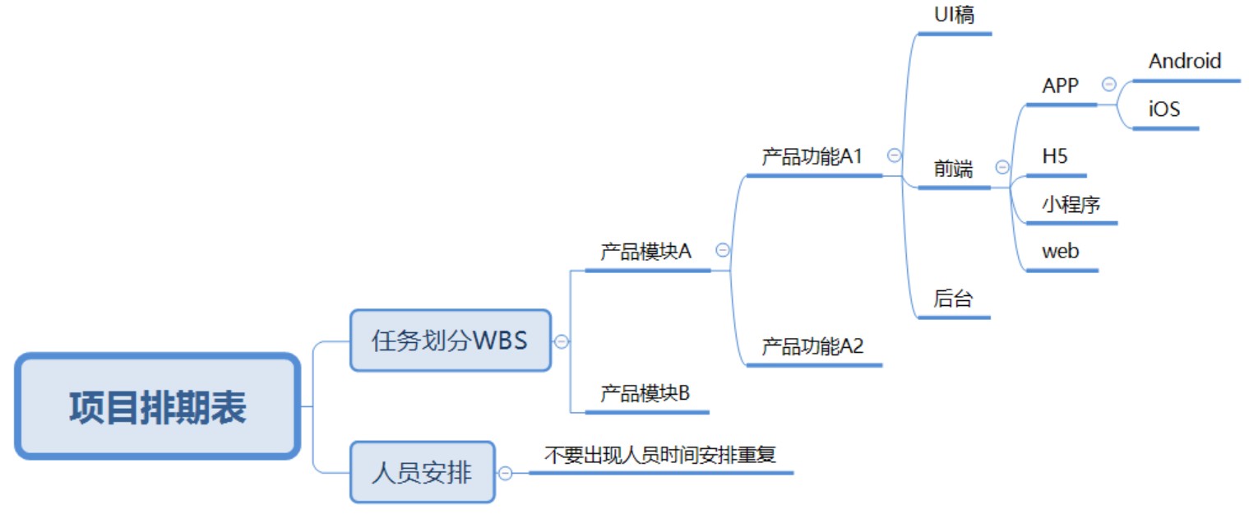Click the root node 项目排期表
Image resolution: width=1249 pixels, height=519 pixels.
pos(156,406)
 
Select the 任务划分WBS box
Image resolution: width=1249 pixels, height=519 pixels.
pos(450,341)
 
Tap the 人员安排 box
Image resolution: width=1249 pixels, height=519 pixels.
pos(422,472)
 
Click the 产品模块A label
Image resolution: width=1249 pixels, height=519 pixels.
pos(645,252)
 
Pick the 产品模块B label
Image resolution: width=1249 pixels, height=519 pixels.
pos(645,393)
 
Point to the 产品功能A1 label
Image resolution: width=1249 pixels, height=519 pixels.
pos(812,156)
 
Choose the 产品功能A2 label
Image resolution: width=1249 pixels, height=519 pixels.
pos(812,346)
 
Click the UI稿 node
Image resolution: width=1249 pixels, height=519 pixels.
pos(954,15)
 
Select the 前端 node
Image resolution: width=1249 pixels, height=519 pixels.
pos(953,169)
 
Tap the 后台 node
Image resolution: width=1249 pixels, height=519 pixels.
pos(953,299)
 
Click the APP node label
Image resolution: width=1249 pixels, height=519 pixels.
pos(1060,86)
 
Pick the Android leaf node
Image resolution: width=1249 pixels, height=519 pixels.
pos(1185,61)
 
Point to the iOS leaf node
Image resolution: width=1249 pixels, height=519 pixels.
pos(1164,109)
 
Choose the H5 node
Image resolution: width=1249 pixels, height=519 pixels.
pos(1055,156)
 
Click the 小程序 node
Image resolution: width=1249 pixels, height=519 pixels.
pos(1071,204)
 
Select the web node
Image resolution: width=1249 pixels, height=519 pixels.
pos(1060,251)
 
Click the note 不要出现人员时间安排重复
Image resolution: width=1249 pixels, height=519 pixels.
pos(660,454)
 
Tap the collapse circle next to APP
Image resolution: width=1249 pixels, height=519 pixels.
pos(1108,84)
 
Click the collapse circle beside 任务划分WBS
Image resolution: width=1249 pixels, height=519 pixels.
pos(562,341)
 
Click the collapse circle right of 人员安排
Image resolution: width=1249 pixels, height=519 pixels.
pos(506,473)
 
